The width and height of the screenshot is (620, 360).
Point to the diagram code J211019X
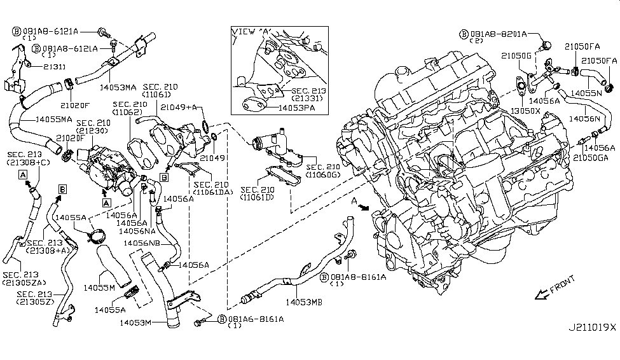tap(591, 328)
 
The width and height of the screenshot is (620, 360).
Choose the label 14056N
tap(588, 118)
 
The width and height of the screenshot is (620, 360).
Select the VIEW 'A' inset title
tap(252, 31)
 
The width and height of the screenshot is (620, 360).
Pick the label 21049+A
tap(179, 108)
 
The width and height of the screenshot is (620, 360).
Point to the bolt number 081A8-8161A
tap(353, 277)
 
